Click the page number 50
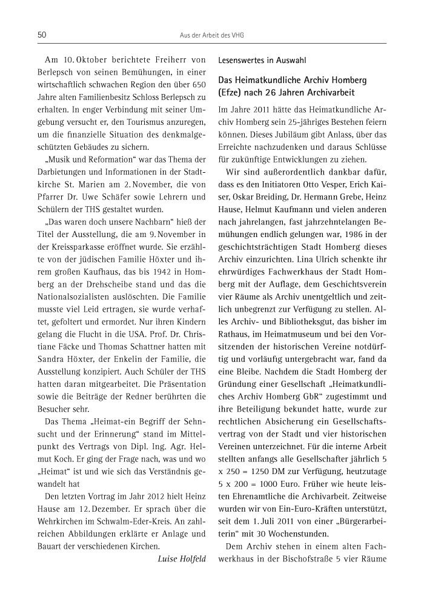[42, 35]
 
